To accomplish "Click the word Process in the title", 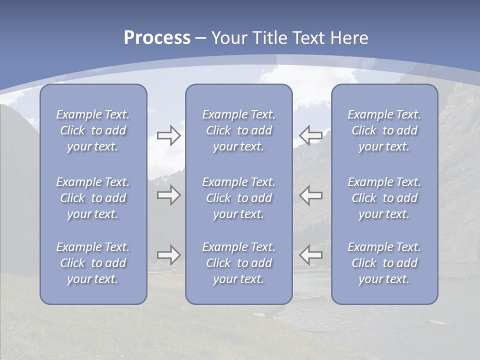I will [x=157, y=38].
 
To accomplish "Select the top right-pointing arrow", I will [x=168, y=136].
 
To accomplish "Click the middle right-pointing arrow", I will [x=168, y=195].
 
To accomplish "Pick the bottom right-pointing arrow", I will [x=168, y=255].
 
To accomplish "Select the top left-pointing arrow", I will [x=311, y=135].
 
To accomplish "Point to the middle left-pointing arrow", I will [x=311, y=195].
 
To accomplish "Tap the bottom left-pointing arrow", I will [x=311, y=254].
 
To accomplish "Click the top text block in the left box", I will [x=93, y=130].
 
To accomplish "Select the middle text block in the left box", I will [x=93, y=198].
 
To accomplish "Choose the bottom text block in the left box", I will [x=93, y=263].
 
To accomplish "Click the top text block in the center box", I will [x=238, y=130].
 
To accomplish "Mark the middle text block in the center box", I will [x=238, y=198].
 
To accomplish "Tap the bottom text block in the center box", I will [x=238, y=263].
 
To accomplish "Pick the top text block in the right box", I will [x=384, y=130].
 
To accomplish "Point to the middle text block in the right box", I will [x=384, y=198].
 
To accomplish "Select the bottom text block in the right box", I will [x=384, y=263].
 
